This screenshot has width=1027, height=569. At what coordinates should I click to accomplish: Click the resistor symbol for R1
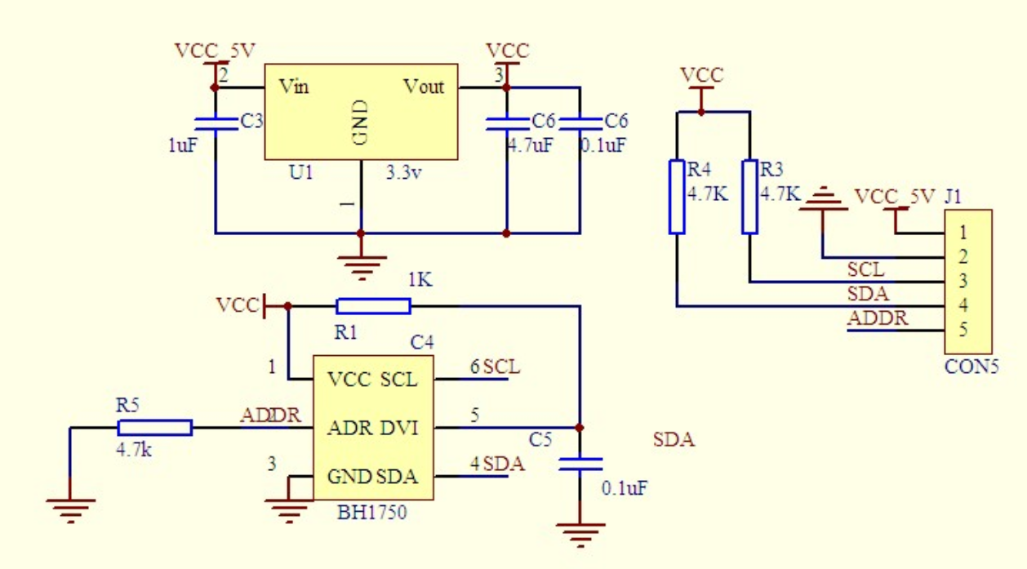click(x=373, y=306)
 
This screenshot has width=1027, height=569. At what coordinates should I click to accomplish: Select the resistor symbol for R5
click(x=155, y=428)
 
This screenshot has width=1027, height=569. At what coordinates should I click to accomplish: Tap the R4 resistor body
click(x=677, y=197)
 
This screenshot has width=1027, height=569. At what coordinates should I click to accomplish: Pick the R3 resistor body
click(x=749, y=197)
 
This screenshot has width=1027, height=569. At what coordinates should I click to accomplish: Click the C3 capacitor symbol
click(x=216, y=122)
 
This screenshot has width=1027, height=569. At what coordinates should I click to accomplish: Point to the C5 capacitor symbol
click(x=580, y=464)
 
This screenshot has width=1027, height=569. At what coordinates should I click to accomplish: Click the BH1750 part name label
click(x=371, y=513)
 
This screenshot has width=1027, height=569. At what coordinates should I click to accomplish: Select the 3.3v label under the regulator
click(x=404, y=173)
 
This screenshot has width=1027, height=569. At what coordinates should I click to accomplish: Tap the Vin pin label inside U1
click(x=294, y=87)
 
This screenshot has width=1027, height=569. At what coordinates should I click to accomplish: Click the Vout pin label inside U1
click(x=424, y=87)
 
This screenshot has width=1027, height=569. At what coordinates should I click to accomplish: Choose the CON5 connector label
click(x=971, y=367)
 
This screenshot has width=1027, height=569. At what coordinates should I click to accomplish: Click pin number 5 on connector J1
click(x=963, y=331)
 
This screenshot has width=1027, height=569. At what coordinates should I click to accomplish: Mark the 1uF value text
click(x=183, y=147)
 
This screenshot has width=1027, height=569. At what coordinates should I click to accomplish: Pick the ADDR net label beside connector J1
click(x=878, y=318)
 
